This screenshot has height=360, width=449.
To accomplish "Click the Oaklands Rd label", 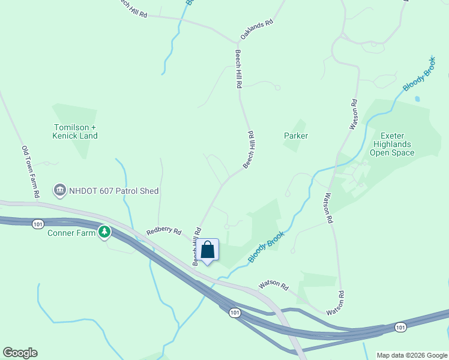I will point(257,29).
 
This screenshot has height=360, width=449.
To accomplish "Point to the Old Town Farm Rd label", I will point(30,172).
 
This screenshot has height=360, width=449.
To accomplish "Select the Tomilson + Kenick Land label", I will point(76,131).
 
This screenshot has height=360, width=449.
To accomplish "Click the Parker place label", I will point(296,136).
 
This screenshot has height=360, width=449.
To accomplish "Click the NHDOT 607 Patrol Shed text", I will point(114,191).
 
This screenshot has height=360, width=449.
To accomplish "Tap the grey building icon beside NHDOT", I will point(60,191).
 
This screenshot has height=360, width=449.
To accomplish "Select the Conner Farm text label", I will point(72,232).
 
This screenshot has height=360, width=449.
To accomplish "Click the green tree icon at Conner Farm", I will point(105,232).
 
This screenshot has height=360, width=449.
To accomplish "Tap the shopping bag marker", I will point(208,250).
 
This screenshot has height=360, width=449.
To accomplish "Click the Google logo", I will point(20,353).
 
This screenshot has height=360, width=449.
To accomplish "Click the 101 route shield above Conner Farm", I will point(38,224).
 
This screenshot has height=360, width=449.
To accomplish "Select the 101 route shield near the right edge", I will point(400,327).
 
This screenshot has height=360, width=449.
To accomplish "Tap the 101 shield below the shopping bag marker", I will point(234,313).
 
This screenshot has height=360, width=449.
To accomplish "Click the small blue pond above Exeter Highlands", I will point(417,98).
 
